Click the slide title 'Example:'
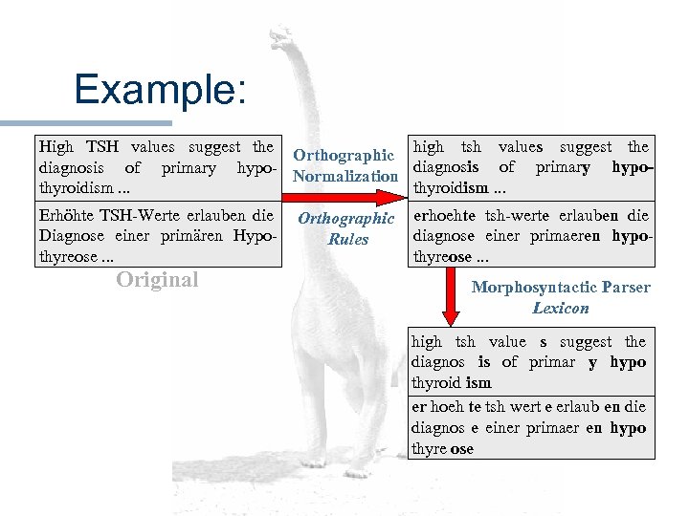click(x=160, y=91)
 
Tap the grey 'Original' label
click(x=157, y=280)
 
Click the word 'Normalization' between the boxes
click(x=344, y=176)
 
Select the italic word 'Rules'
click(x=347, y=239)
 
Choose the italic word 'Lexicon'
click(x=561, y=308)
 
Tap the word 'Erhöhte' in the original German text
click(x=66, y=215)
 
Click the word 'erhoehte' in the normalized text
click(x=442, y=215)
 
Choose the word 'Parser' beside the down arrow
click(x=627, y=288)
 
